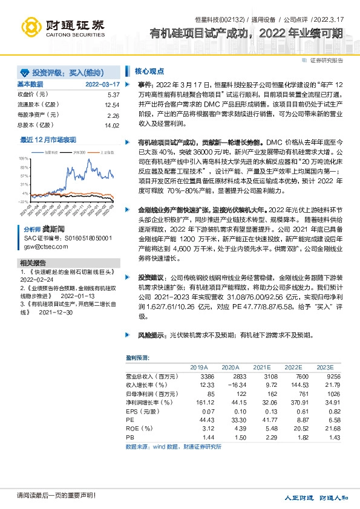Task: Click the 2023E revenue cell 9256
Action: (324, 376)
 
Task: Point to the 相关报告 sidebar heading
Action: (33, 263)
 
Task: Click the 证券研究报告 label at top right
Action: (326, 60)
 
